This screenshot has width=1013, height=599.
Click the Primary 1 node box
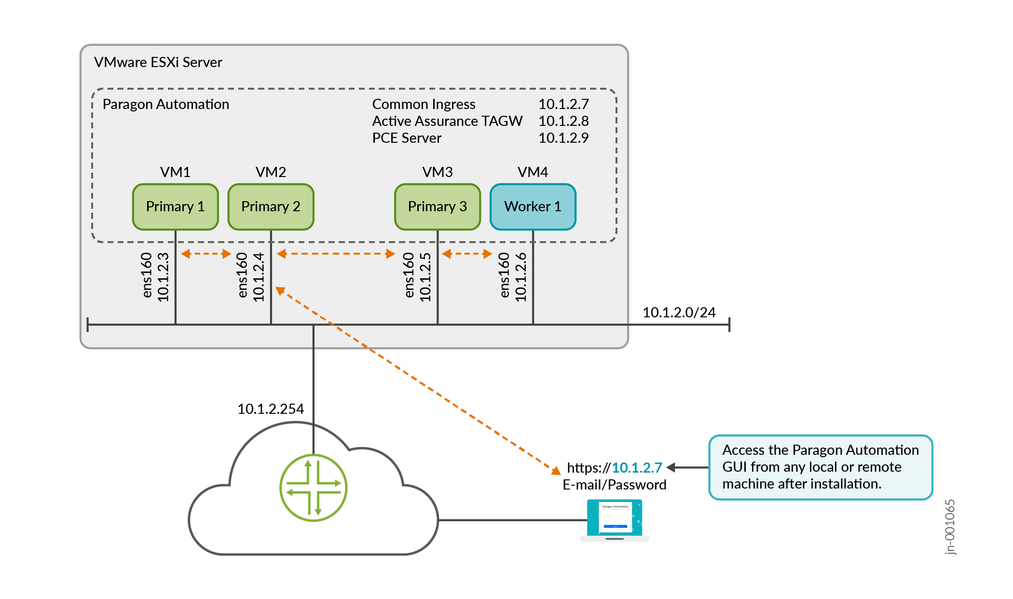pyautogui.click(x=175, y=206)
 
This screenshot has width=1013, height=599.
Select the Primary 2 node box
pyautogui.click(x=271, y=206)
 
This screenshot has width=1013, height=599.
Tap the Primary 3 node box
pyautogui.click(x=437, y=206)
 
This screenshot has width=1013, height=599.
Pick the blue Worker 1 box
pyautogui.click(x=533, y=206)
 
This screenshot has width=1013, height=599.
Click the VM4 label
pyautogui.click(x=533, y=172)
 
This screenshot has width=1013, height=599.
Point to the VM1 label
pyautogui.click(x=175, y=172)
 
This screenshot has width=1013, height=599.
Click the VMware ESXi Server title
pyautogui.click(x=158, y=62)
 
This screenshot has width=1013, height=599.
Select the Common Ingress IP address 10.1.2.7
pyautogui.click(x=563, y=104)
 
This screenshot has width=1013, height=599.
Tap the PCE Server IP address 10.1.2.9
pyautogui.click(x=563, y=138)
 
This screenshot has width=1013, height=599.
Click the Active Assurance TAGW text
pyautogui.click(x=447, y=121)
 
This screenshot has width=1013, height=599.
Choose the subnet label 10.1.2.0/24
pyautogui.click(x=679, y=313)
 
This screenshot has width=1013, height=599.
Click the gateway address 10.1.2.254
pyautogui.click(x=270, y=409)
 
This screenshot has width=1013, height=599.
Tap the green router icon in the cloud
pyautogui.click(x=313, y=488)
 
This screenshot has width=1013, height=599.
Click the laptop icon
pyautogui.click(x=614, y=520)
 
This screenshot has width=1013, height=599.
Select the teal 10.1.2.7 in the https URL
pyautogui.click(x=637, y=468)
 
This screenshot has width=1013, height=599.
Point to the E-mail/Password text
pyautogui.click(x=614, y=485)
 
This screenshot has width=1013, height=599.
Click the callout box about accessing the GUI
pyautogui.click(x=820, y=467)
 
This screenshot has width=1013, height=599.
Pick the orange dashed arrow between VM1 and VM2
pyautogui.click(x=206, y=254)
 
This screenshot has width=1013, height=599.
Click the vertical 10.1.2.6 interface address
pyautogui.click(x=521, y=277)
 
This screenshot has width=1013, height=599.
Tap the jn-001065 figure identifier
pyautogui.click(x=949, y=527)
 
